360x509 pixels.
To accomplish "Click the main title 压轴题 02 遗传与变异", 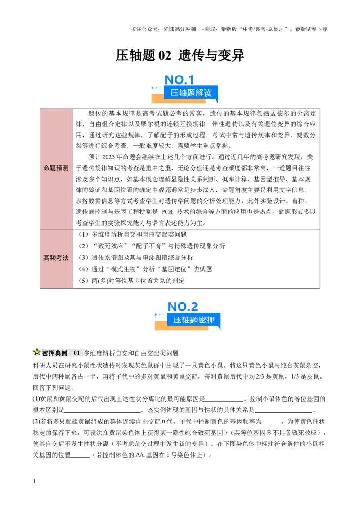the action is [180, 55].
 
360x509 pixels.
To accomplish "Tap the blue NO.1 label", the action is [179, 80].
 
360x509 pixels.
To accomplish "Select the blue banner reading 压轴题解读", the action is [191, 93].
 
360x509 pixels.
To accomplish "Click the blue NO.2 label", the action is [182, 307].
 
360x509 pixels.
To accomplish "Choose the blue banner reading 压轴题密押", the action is [193, 320].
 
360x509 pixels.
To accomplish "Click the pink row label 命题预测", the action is [56, 168].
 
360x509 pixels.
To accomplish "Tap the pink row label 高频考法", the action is [56, 258].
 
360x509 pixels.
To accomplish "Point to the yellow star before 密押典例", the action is [37, 352].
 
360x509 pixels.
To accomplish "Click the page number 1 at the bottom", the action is [34, 481].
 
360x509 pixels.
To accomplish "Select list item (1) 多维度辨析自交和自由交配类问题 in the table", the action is [133, 234].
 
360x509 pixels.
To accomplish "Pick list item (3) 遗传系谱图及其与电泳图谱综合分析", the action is [136, 257].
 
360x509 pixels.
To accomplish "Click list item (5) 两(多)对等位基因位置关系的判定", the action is [131, 281].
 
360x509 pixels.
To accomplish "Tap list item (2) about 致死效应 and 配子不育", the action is [151, 246].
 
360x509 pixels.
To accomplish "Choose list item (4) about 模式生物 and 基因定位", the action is [145, 269].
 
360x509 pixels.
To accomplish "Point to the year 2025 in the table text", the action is [108, 157].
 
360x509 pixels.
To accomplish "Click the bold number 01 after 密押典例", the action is [76, 353].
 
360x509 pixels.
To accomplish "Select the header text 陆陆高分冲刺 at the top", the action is [180, 29].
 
